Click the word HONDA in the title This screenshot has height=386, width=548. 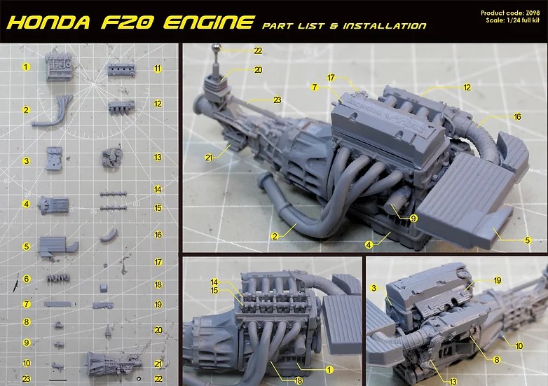click(x=48, y=22)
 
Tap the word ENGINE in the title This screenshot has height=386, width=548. click(x=208, y=22)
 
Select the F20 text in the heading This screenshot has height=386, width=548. click(x=127, y=22)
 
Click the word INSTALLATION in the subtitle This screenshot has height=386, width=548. click(x=385, y=26)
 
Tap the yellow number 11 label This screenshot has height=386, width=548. click(x=158, y=69)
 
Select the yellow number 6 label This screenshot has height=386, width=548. click(x=27, y=279)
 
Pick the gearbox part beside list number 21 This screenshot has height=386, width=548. click(x=114, y=364)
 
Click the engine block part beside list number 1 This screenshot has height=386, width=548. click(x=58, y=68)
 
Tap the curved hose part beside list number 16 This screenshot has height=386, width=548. click(x=109, y=235)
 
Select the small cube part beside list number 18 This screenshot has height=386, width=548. click(x=104, y=288)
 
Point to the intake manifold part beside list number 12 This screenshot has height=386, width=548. click(x=121, y=107)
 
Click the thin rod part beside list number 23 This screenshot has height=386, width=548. click(x=57, y=380)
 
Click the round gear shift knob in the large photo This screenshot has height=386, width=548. click(x=217, y=47)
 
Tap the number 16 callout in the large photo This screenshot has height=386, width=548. click(x=517, y=117)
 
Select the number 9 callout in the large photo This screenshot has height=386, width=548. click(x=413, y=219)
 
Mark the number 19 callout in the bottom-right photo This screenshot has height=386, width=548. click(x=498, y=280)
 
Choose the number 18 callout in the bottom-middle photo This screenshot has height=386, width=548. click(x=298, y=380)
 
